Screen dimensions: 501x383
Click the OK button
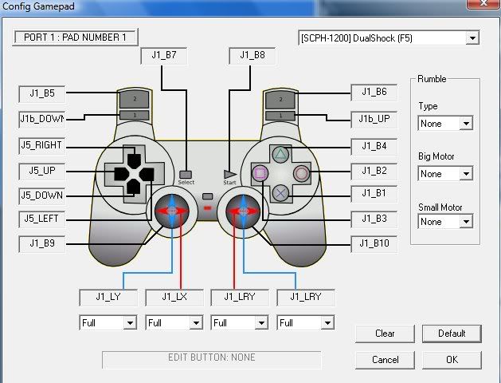[452, 360]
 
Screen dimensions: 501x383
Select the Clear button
[385, 334]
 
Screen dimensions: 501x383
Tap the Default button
[452, 334]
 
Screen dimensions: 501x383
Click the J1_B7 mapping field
[164, 56]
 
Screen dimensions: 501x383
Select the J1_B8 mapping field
[252, 56]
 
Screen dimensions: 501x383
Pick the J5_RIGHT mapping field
[42, 145]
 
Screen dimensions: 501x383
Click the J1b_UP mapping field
[374, 120]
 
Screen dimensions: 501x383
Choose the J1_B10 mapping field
[374, 244]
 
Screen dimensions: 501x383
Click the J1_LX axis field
[174, 298]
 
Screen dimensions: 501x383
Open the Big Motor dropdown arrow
[466, 174]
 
